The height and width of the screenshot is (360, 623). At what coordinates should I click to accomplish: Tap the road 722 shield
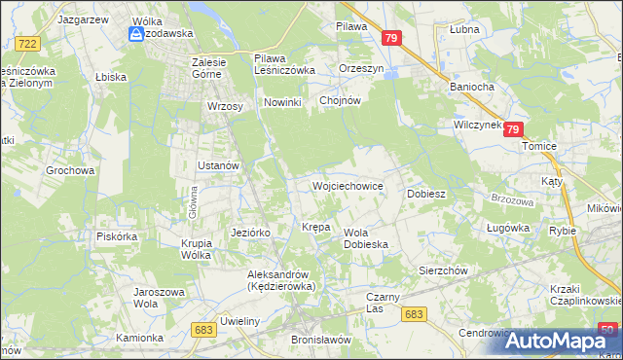coord(28,44)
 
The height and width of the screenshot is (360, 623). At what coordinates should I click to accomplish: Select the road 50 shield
coord(607,330)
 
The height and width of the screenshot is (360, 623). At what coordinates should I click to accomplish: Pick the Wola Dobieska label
coord(366,238)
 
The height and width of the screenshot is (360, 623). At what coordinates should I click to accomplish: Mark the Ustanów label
coord(218,165)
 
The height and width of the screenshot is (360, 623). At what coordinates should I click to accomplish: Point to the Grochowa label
coord(70,170)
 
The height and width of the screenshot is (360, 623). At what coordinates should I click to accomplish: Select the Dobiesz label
coord(426,194)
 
